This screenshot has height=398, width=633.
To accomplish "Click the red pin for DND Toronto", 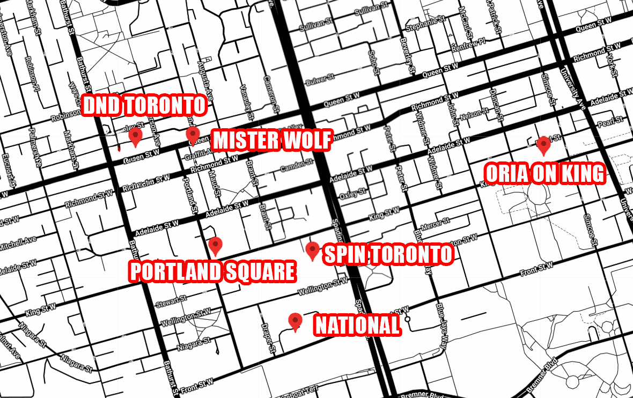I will tap(135, 137).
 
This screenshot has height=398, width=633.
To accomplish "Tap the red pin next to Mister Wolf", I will tap(193, 135).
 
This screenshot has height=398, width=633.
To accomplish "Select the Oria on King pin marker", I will tap(543, 145).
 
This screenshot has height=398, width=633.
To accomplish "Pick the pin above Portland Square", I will tap(215, 245).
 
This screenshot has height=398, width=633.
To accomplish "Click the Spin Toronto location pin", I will tap(312, 250).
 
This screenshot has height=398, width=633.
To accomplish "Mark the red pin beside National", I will tap(295, 321).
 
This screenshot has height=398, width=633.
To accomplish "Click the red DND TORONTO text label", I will tap(144, 106).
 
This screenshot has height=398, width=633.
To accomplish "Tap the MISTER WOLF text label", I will tap(271, 141).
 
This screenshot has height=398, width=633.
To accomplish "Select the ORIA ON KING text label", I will tap(544, 173).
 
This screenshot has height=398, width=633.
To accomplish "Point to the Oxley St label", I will tap(352, 192).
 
